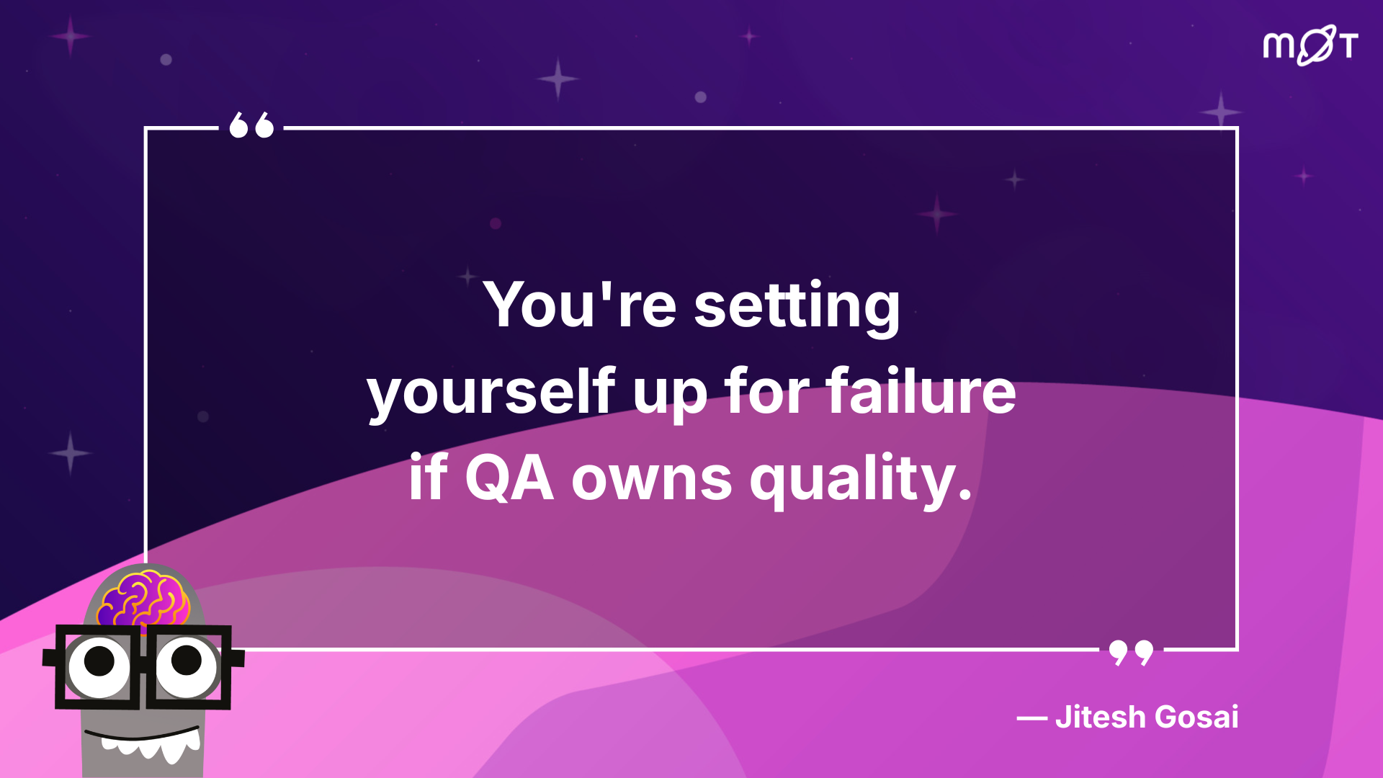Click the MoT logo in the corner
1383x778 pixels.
[x=1310, y=45]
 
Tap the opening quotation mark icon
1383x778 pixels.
[x=251, y=125]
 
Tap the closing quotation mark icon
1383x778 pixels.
[x=1131, y=653]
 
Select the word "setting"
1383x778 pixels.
[x=797, y=307]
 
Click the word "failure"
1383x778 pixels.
[x=921, y=390]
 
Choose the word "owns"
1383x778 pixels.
[x=652, y=481]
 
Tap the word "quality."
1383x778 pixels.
[x=861, y=479]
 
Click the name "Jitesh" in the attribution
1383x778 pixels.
[x=1101, y=717]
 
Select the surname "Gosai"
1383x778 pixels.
[x=1197, y=717]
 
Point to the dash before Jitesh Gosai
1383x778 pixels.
[x=1032, y=718]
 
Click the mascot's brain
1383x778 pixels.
[x=144, y=599]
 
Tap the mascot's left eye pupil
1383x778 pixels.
[x=99, y=661]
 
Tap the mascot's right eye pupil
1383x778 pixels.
[x=187, y=660]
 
